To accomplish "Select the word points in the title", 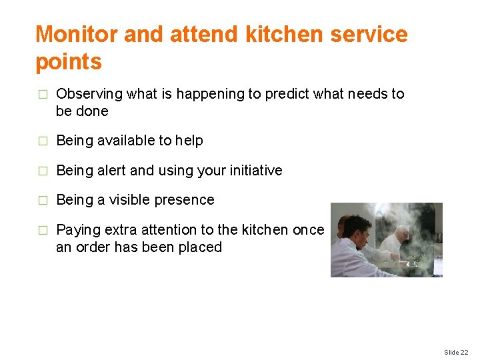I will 68,61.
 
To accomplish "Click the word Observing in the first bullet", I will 89,94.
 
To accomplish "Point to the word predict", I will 289,94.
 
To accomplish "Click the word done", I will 92,111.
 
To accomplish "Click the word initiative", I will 254,171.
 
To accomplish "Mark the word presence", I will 189,200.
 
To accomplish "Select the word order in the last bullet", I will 93,247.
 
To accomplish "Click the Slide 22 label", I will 456,352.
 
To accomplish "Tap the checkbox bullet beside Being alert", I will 42,171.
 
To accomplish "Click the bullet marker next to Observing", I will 42,95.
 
